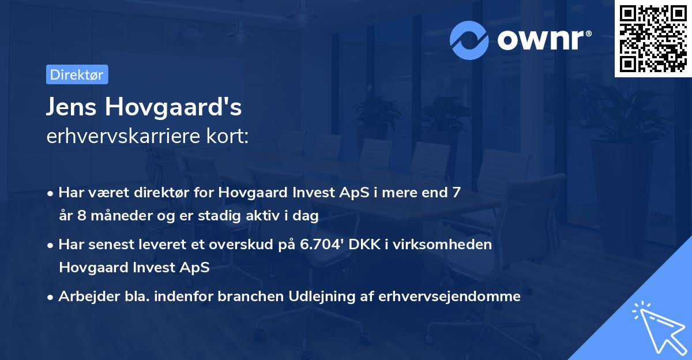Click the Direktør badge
click(77, 74)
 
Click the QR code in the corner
click(653, 39)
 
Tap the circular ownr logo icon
click(469, 40)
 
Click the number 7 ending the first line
click(456, 193)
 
